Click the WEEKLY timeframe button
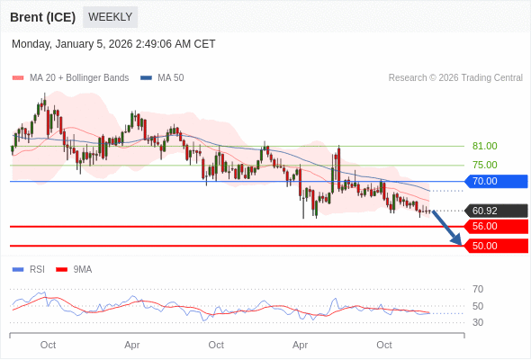coord(110,17)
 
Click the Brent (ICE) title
coord(42,17)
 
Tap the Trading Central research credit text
coord(455,77)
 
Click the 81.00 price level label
coord(484,146)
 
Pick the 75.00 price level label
coord(484,165)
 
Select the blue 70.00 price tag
coord(495,181)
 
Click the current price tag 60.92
coord(495,211)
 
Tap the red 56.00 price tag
coord(495,227)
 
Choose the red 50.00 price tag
coord(495,246)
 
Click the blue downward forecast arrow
coord(446,227)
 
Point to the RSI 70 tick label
coord(478,289)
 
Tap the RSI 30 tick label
coord(478,322)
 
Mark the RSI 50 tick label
coord(478,306)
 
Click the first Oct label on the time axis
coord(49,345)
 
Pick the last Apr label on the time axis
coord(301,345)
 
